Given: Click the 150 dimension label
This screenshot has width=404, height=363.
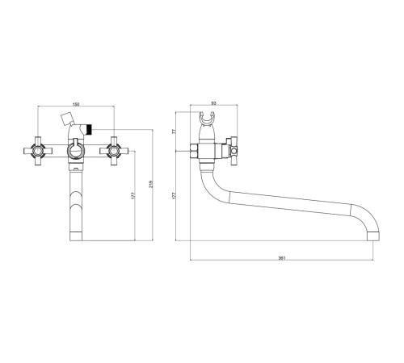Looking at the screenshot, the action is tap(76, 104).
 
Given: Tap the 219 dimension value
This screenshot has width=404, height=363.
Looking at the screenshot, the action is tap(151, 184).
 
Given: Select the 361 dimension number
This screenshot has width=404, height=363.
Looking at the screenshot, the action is tap(281, 258).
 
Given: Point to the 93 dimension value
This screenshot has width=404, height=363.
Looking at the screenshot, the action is tap(214, 103).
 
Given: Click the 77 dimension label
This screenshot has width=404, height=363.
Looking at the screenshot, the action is tap(174, 131).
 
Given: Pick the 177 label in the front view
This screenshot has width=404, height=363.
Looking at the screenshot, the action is tap(133, 195).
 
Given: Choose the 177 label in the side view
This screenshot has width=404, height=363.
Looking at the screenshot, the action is tap(174, 195).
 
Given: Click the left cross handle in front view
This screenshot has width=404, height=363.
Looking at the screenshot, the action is tap(38, 151).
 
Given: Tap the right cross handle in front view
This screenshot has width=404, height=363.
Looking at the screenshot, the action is tap(114, 151).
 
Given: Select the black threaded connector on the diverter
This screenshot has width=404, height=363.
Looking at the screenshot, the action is tap(89, 129).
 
